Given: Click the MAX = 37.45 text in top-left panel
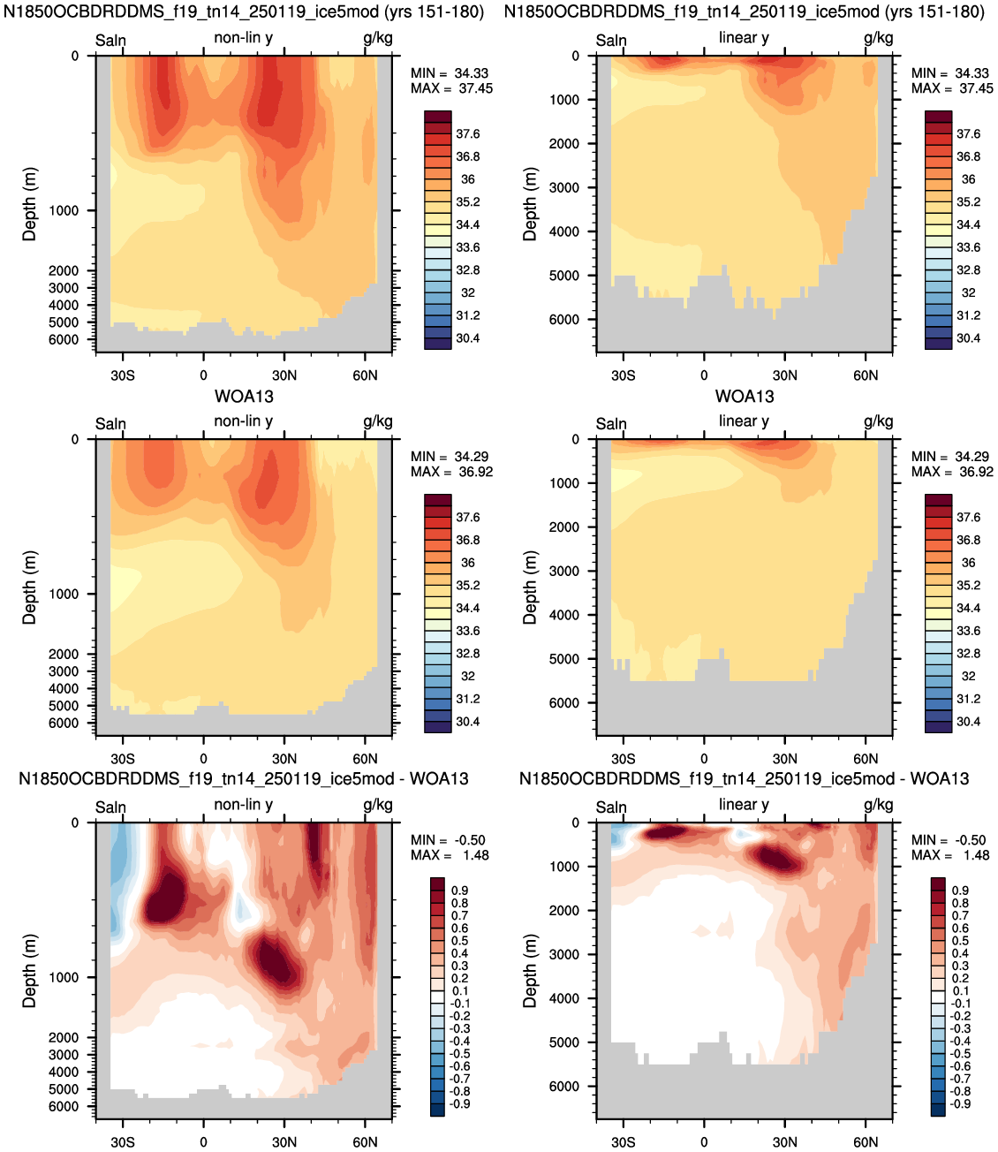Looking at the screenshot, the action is (x=451, y=88).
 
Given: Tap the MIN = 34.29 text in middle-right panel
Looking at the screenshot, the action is (x=952, y=457).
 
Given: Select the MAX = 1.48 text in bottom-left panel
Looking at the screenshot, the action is (x=450, y=855).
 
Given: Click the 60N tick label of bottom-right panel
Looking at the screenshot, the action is (x=866, y=1141).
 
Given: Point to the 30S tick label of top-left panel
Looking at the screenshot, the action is (x=123, y=375).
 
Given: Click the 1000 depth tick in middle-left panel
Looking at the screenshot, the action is (x=64, y=595).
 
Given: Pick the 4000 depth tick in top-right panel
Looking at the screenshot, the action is (x=564, y=231).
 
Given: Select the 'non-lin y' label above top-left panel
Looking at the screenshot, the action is (x=244, y=39).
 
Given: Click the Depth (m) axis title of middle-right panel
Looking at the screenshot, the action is (x=530, y=587).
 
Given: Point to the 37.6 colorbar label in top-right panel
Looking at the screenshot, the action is (x=969, y=133).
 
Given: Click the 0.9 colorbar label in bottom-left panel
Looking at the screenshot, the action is (x=460, y=890).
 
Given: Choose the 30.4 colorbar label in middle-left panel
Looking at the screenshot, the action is (x=467, y=722).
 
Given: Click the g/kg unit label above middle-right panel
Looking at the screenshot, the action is (x=879, y=422).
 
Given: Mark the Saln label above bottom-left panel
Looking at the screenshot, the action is (x=110, y=807).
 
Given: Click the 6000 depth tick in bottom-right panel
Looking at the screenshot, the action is (x=564, y=1087).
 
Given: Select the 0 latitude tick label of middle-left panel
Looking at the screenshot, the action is (x=203, y=759).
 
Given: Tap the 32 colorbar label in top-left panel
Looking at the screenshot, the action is (x=467, y=292).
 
